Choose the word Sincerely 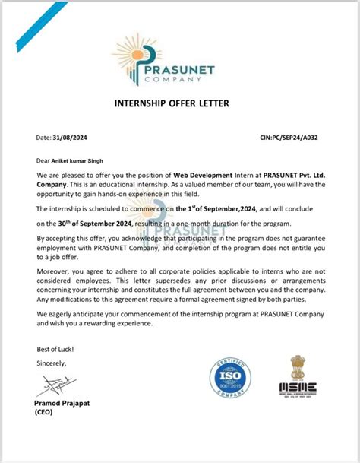pyautogui.click(x=52, y=363)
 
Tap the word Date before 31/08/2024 pyautogui.click(x=43, y=138)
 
